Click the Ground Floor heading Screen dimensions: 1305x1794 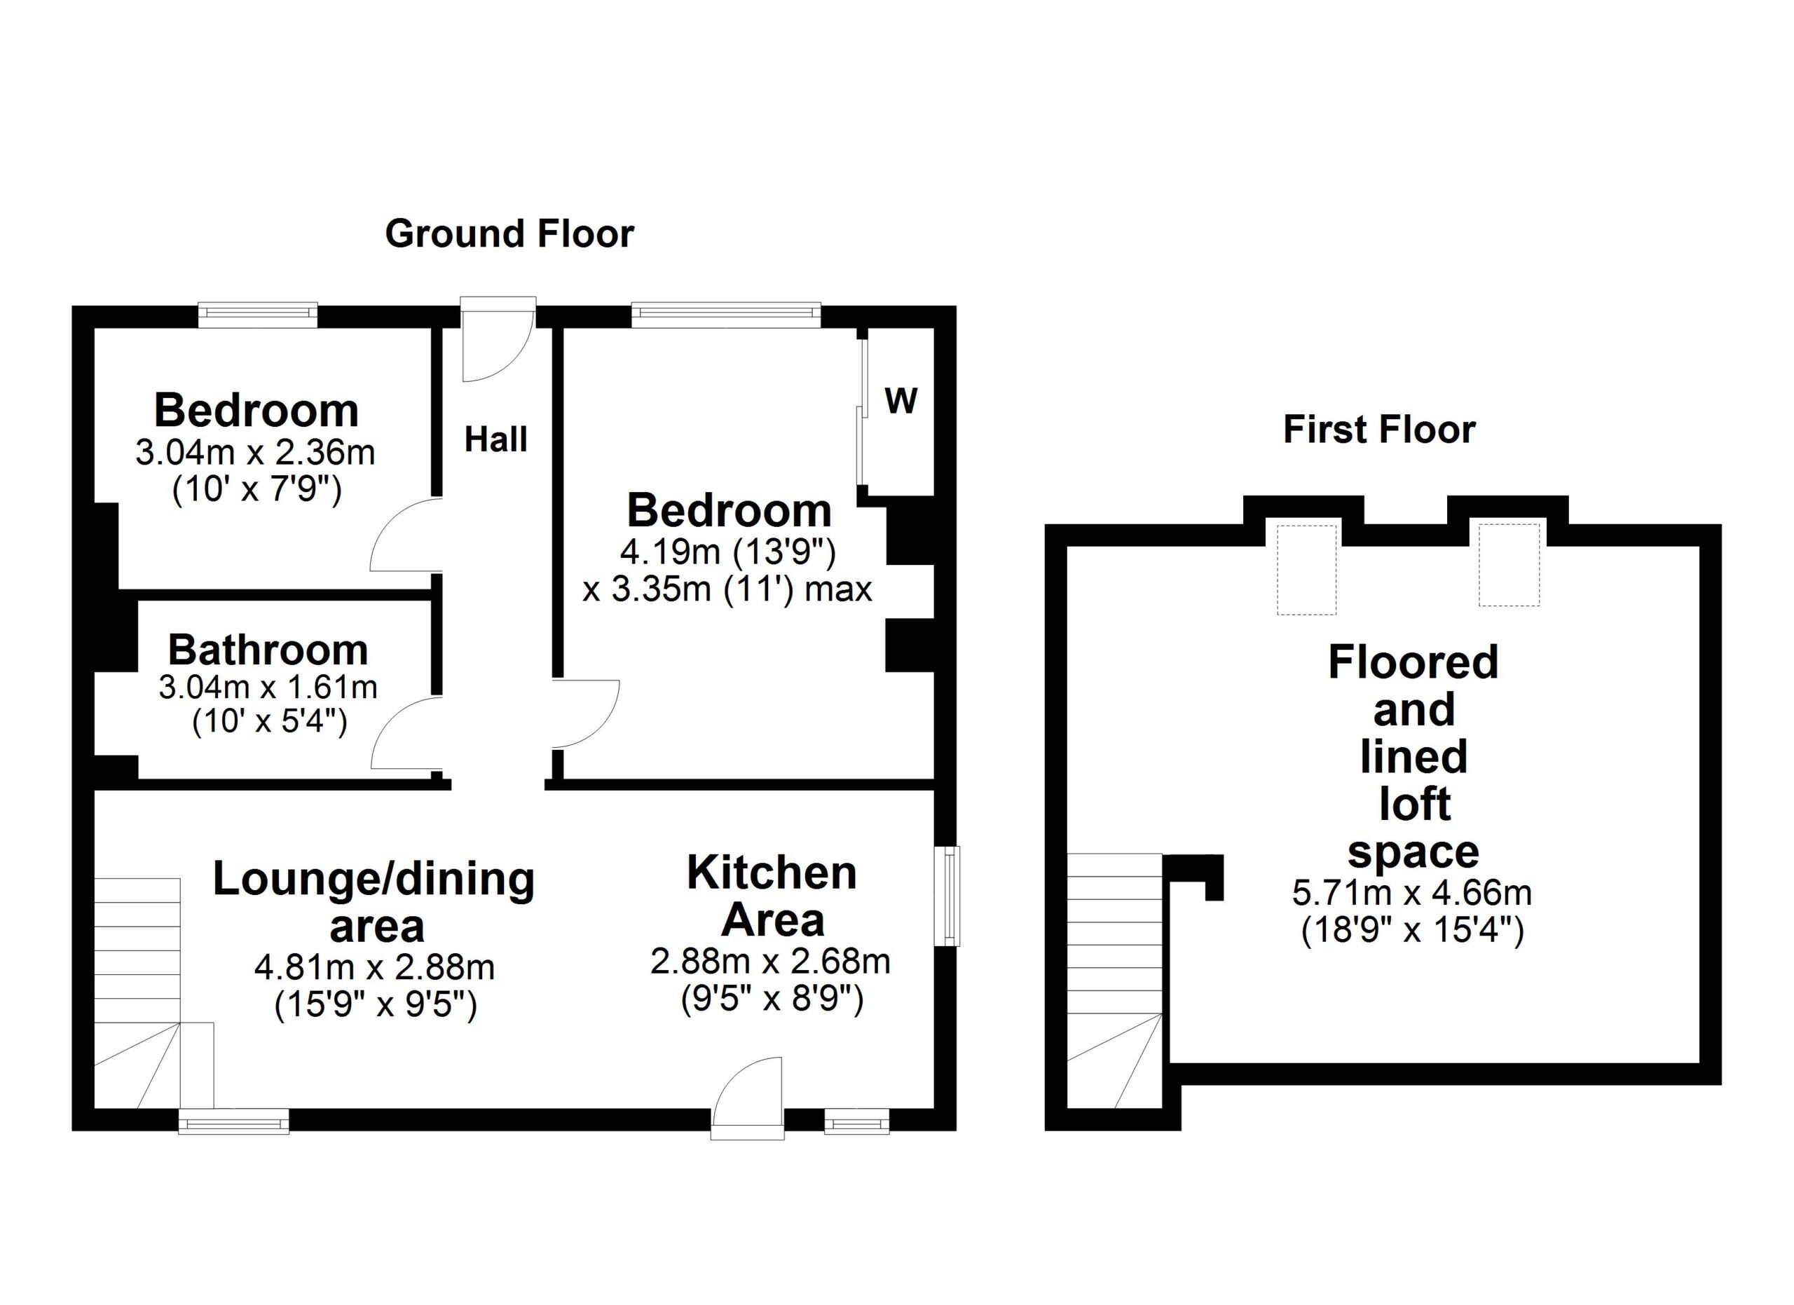(509, 234)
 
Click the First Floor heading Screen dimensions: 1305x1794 (1378, 430)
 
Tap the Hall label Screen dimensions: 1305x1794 (495, 439)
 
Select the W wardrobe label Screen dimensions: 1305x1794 (901, 401)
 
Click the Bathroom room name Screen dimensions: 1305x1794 (268, 650)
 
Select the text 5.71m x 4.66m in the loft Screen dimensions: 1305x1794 (1412, 893)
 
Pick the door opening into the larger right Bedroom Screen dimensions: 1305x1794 (584, 713)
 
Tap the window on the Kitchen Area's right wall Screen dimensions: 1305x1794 (947, 896)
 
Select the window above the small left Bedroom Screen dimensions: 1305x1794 (257, 314)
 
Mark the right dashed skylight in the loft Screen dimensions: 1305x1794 (1509, 564)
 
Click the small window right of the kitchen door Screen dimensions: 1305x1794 (856, 1121)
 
